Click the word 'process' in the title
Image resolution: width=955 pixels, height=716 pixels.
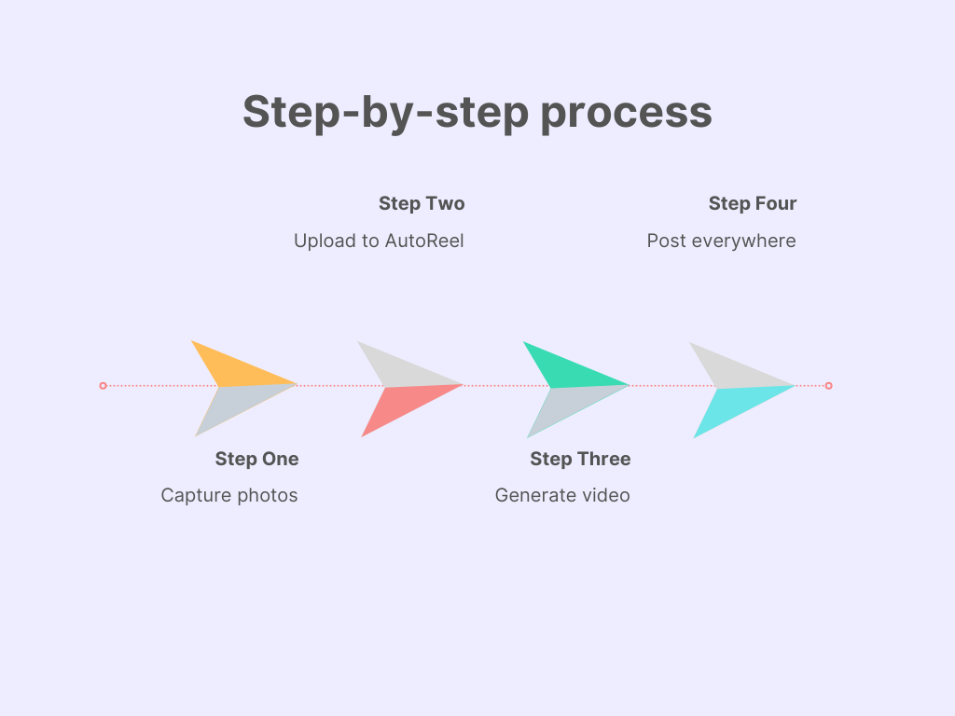pyautogui.click(x=627, y=114)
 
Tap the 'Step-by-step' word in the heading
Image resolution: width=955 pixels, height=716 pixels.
pyautogui.click(x=384, y=114)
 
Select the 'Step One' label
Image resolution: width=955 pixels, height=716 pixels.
pyautogui.click(x=256, y=459)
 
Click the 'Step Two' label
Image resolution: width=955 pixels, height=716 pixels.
pyautogui.click(x=422, y=203)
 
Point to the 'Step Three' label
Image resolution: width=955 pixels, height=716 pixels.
pyautogui.click(x=580, y=459)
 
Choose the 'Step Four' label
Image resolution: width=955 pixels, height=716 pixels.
pyautogui.click(x=753, y=203)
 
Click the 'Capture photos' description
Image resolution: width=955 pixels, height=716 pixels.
pyautogui.click(x=229, y=495)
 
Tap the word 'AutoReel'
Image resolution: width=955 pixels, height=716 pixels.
pyautogui.click(x=424, y=241)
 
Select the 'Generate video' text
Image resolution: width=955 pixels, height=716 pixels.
pyautogui.click(x=562, y=495)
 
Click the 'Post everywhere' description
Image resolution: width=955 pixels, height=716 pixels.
pyautogui.click(x=721, y=241)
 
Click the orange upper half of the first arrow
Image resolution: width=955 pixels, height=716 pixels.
pyautogui.click(x=233, y=368)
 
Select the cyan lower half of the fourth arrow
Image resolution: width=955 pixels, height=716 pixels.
pyautogui.click(x=732, y=407)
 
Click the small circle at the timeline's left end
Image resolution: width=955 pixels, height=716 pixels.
pyautogui.click(x=103, y=385)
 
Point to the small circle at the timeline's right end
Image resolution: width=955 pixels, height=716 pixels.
pyautogui.click(x=828, y=385)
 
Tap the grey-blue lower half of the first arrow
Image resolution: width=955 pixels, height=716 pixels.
pyautogui.click(x=234, y=405)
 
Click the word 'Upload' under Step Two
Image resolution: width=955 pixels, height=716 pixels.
pyautogui.click(x=324, y=241)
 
